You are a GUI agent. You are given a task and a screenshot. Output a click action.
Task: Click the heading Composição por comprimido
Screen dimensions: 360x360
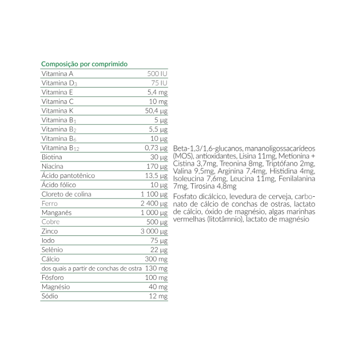(85, 64)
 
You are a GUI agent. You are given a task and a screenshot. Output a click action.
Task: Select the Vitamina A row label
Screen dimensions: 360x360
(57, 74)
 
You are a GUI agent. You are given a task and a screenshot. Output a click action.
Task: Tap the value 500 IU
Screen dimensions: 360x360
(157, 74)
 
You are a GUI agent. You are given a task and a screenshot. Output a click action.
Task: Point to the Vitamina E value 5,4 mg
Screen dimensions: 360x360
(158, 92)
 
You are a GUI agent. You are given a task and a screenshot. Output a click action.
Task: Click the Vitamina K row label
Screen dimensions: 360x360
(57, 111)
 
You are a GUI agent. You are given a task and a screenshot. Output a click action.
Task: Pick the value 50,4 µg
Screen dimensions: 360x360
(156, 111)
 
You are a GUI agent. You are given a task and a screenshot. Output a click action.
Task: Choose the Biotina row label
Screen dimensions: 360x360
(51, 157)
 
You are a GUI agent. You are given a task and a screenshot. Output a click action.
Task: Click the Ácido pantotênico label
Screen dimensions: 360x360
(68, 176)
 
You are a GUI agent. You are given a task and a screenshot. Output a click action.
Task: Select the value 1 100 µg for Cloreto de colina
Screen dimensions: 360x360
(154, 194)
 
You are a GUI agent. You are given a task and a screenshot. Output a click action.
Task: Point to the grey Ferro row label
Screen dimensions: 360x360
(49, 204)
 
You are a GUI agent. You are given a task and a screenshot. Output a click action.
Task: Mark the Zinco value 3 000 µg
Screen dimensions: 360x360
(154, 232)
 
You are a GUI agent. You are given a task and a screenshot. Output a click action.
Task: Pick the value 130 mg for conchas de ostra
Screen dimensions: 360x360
(157, 269)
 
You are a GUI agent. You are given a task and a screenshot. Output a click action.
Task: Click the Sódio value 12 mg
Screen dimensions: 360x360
(158, 297)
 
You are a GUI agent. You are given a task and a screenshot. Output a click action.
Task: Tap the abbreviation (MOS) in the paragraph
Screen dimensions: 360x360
(180, 156)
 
